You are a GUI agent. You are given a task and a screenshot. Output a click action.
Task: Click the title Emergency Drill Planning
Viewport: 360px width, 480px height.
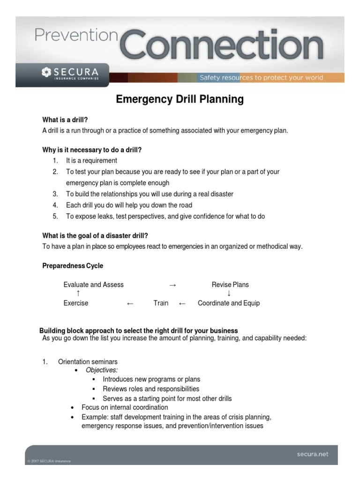[180, 99]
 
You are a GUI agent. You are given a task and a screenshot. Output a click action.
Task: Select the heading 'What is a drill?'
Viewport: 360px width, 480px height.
[65, 120]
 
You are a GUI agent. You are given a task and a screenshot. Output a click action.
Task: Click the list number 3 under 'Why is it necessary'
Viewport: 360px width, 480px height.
[55, 194]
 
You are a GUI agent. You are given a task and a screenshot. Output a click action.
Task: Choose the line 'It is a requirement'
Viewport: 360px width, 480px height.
[91, 161]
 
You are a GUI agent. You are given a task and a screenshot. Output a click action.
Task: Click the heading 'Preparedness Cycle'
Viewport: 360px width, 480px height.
[73, 266]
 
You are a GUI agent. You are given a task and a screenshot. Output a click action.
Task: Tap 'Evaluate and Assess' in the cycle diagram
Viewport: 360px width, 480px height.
[94, 285]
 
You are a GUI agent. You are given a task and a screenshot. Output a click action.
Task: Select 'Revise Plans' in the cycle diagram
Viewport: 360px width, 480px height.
[230, 285]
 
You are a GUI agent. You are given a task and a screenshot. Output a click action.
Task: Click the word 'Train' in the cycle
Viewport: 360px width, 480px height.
[161, 303]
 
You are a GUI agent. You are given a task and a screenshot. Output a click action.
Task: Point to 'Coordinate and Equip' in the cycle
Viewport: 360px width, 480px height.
[229, 303]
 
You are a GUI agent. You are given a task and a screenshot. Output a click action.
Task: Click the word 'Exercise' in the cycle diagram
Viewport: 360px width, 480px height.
[76, 303]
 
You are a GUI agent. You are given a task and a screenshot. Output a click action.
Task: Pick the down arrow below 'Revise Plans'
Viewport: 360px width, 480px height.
[229, 294]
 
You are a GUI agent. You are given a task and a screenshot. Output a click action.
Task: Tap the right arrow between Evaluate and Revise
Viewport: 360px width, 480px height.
[172, 285]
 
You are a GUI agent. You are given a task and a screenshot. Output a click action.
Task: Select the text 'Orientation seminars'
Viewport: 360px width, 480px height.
[88, 361]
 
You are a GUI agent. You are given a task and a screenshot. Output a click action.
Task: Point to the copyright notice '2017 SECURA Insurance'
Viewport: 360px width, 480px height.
[49, 461]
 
